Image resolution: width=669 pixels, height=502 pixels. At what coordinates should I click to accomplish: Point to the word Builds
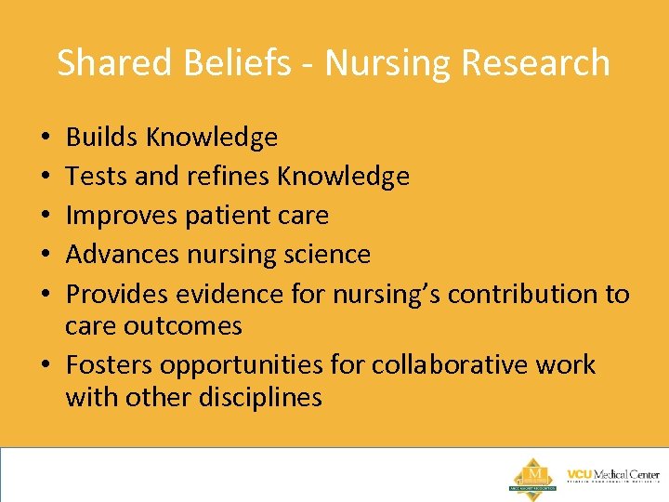100,138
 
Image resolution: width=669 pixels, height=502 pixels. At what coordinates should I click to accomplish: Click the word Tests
97,177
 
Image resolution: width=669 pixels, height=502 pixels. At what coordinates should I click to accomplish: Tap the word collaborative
449,365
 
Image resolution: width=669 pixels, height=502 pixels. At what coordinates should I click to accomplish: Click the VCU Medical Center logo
612,476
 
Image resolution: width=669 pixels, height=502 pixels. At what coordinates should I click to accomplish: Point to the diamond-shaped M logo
533,475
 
